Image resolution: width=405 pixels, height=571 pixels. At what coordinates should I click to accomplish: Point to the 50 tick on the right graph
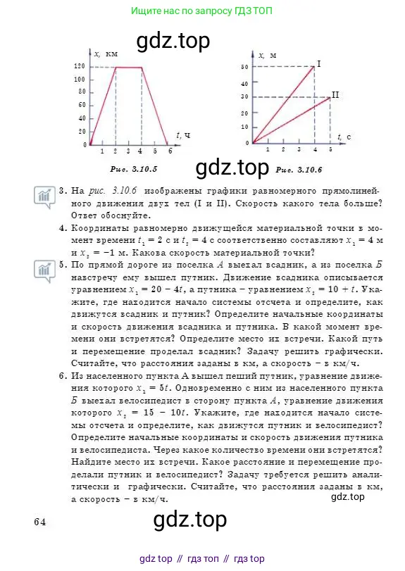coord(244,67)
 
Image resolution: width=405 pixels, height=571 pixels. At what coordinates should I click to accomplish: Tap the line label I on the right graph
coord(319,64)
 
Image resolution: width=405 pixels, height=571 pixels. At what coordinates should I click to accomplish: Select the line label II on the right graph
coord(335,94)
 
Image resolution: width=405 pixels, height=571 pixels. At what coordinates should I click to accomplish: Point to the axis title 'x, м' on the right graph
coord(266,55)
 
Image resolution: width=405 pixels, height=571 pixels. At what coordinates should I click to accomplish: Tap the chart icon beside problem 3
coord(44,195)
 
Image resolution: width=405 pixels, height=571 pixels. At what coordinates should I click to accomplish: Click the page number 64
coord(39,522)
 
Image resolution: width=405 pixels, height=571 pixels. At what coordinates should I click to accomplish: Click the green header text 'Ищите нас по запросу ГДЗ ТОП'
coord(203,11)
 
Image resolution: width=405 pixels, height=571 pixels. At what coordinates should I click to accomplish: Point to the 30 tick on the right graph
coord(244,97)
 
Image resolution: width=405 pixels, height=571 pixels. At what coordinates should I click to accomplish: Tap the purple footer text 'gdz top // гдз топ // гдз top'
coord(202,558)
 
